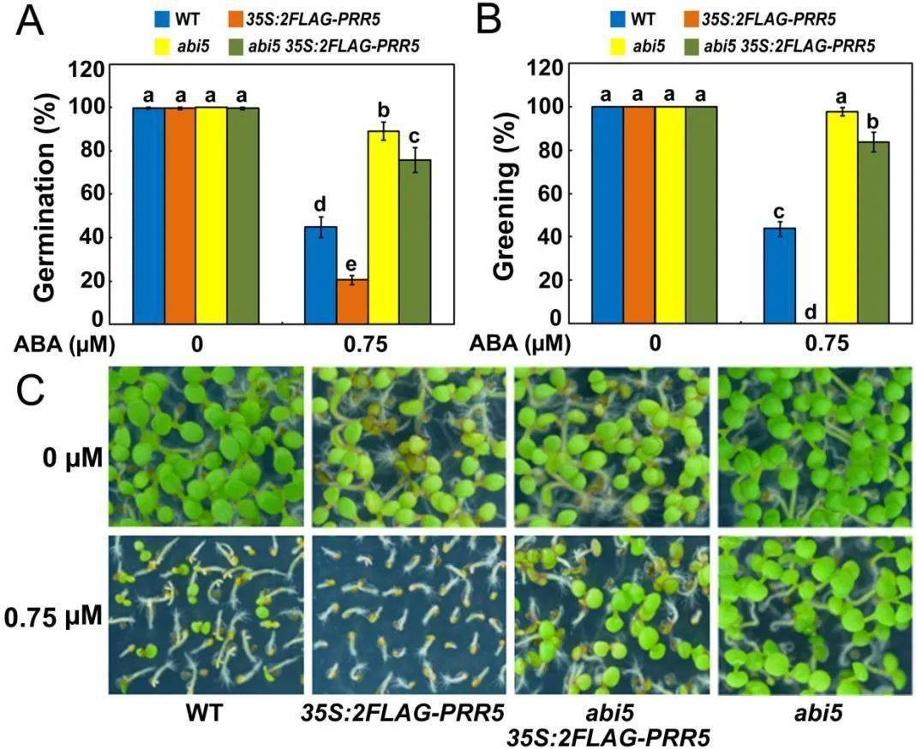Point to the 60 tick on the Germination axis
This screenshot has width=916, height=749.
(97, 193)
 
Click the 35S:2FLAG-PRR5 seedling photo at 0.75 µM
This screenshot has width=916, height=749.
(406, 615)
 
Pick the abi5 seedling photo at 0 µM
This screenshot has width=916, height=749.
(813, 446)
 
